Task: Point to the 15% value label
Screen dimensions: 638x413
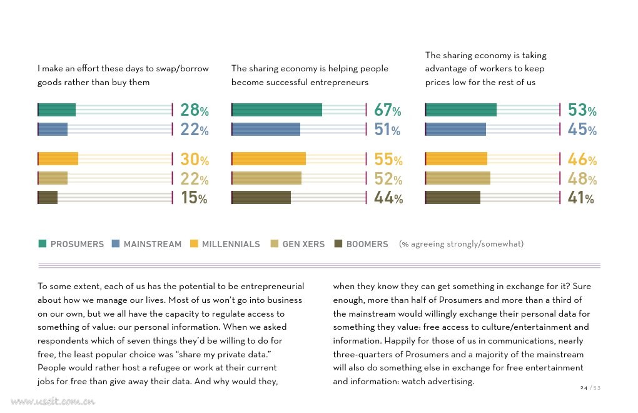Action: (x=194, y=198)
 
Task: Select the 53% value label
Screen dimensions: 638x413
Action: (x=582, y=110)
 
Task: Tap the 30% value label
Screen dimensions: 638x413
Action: (x=195, y=159)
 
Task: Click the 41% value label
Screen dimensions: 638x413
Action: (x=581, y=198)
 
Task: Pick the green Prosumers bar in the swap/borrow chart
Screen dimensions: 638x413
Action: (x=56, y=110)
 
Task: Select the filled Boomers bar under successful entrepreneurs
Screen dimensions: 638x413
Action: (x=261, y=197)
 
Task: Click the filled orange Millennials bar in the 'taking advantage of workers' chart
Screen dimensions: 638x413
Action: (x=456, y=159)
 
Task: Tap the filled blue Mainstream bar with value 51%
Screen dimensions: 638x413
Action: (x=266, y=129)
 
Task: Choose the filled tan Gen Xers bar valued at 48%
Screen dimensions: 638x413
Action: (x=458, y=178)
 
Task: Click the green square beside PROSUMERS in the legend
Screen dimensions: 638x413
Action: (x=43, y=243)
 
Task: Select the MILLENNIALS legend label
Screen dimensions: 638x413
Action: (x=231, y=244)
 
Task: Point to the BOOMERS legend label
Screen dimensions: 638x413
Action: (x=367, y=244)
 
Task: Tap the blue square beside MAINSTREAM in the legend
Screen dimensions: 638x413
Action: (x=116, y=243)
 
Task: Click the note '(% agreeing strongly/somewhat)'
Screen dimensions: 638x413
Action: (x=461, y=243)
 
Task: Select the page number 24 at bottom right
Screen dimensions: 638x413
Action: (x=584, y=388)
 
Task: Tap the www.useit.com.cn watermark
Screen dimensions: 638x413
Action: (x=53, y=402)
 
